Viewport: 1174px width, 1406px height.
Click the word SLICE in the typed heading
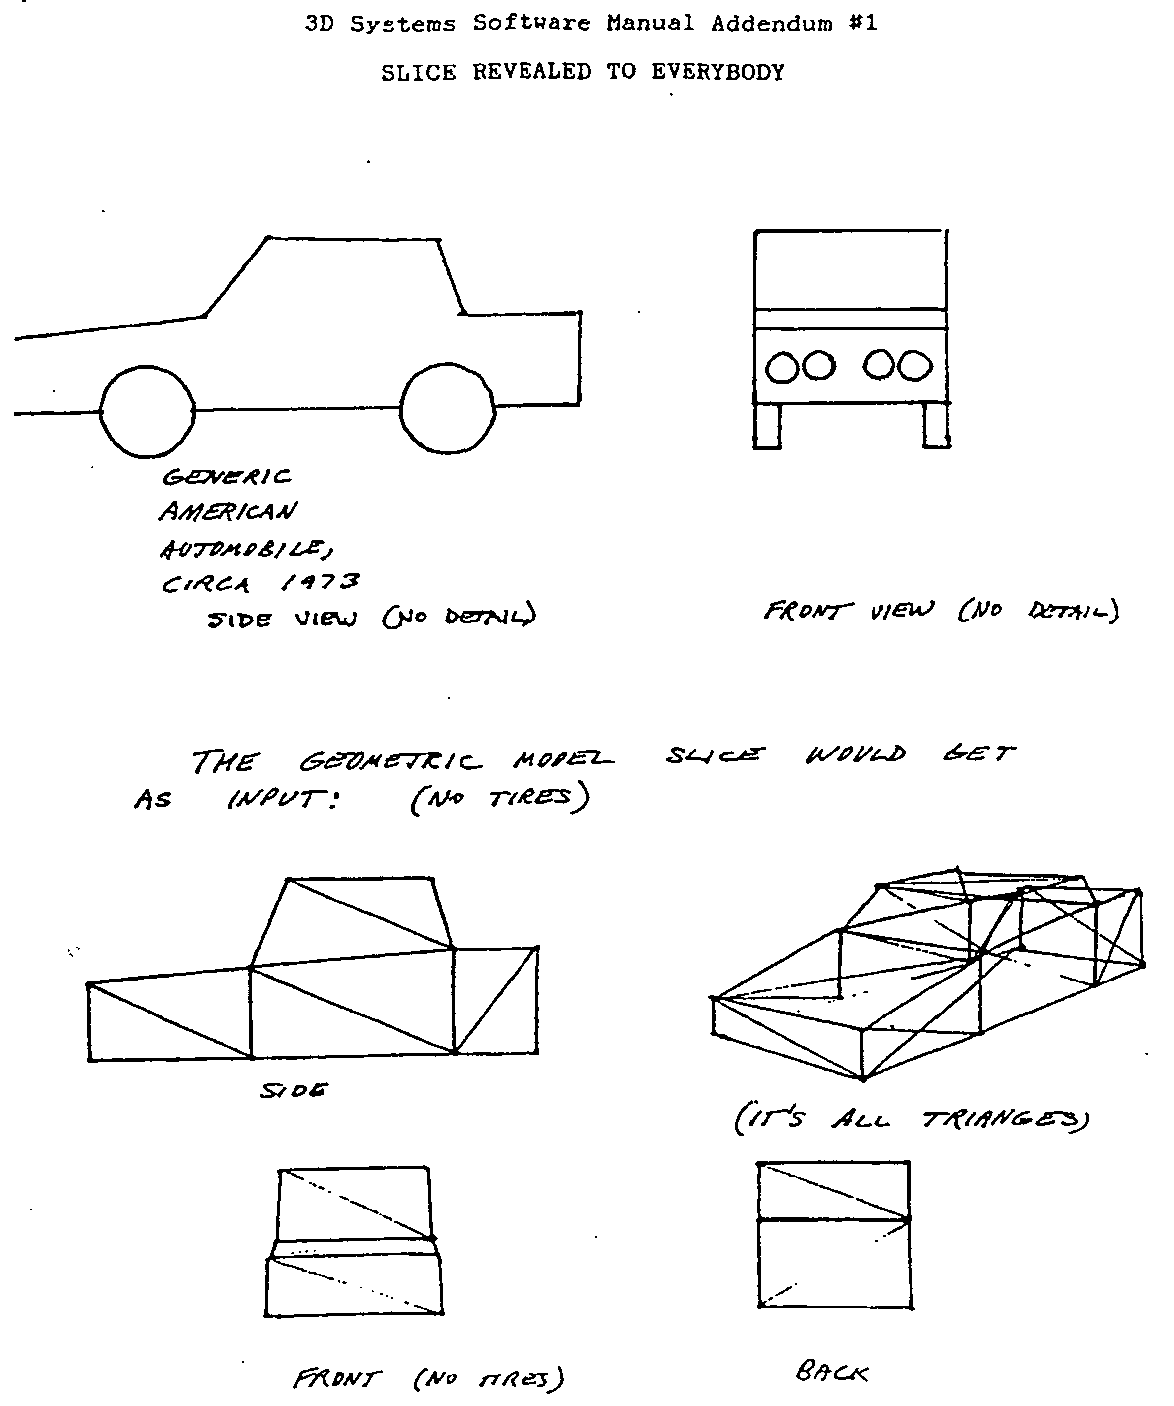point(418,72)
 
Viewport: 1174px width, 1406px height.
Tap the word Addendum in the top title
point(772,24)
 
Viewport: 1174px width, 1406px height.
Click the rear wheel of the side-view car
point(448,409)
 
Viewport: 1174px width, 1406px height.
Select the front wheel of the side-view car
point(147,412)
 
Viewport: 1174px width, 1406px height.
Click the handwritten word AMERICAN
point(228,512)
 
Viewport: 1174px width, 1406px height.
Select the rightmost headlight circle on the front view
point(915,367)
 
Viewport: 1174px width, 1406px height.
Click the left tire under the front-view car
point(767,426)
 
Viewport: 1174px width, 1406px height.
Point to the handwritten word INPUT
point(281,799)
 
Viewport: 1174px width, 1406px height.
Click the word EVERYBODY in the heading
point(717,72)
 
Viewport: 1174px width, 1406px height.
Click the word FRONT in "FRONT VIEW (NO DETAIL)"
point(808,611)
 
